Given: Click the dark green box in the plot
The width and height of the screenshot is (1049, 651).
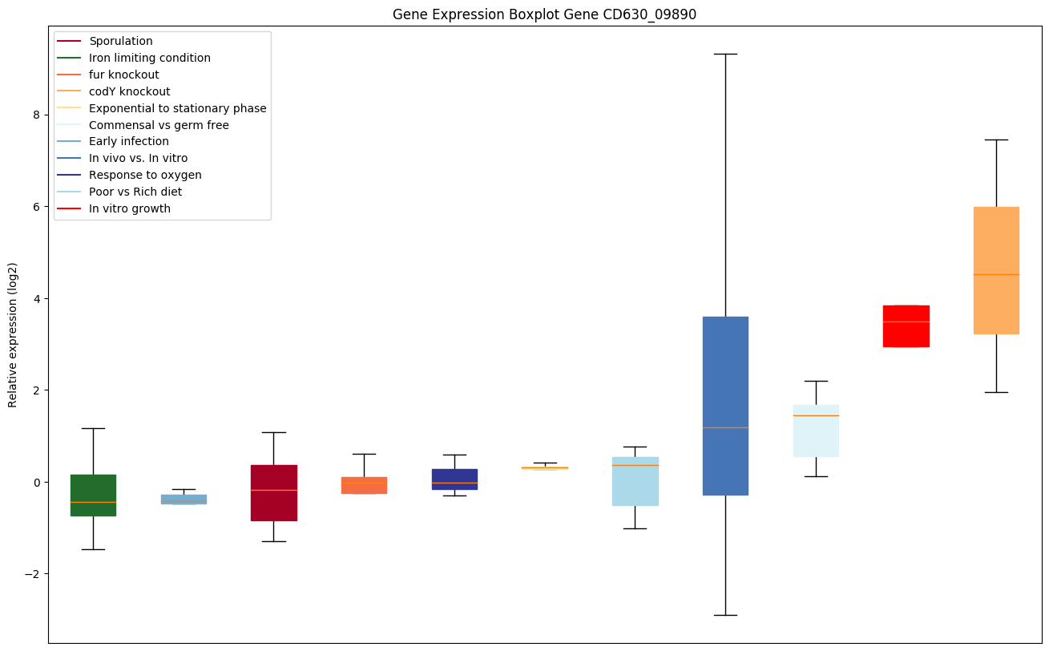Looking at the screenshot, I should coord(93,495).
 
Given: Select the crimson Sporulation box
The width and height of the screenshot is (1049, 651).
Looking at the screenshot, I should coord(274,492).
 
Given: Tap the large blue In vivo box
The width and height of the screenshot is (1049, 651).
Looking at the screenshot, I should coord(725,406).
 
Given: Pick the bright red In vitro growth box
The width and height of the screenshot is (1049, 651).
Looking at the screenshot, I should coord(906,325).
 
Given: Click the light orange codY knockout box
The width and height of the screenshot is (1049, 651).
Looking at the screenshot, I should coord(996,270).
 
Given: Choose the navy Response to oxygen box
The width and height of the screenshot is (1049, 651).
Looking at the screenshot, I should coord(454,479).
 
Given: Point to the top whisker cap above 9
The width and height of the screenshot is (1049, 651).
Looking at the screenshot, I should coord(725,54).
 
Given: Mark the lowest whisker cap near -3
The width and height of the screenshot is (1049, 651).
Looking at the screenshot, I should coord(725,615).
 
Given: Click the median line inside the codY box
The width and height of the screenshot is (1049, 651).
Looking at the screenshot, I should coord(996,274).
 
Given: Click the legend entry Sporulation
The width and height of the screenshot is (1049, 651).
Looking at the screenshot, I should coord(121,41).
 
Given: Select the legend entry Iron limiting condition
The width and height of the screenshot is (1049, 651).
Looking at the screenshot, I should coord(150,58).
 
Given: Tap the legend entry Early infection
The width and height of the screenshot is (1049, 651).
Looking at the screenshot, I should coord(129,141).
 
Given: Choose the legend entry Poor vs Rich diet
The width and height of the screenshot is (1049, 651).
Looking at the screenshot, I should coord(135,192).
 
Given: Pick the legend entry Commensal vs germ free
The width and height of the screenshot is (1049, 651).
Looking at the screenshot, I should coord(159,125).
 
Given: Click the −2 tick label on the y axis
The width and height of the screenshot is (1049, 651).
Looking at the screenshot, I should coord(32,574).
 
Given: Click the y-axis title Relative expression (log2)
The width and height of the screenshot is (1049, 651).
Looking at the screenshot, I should coord(12,334).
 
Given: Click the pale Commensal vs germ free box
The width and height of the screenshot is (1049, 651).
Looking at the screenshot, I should coord(816,431).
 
